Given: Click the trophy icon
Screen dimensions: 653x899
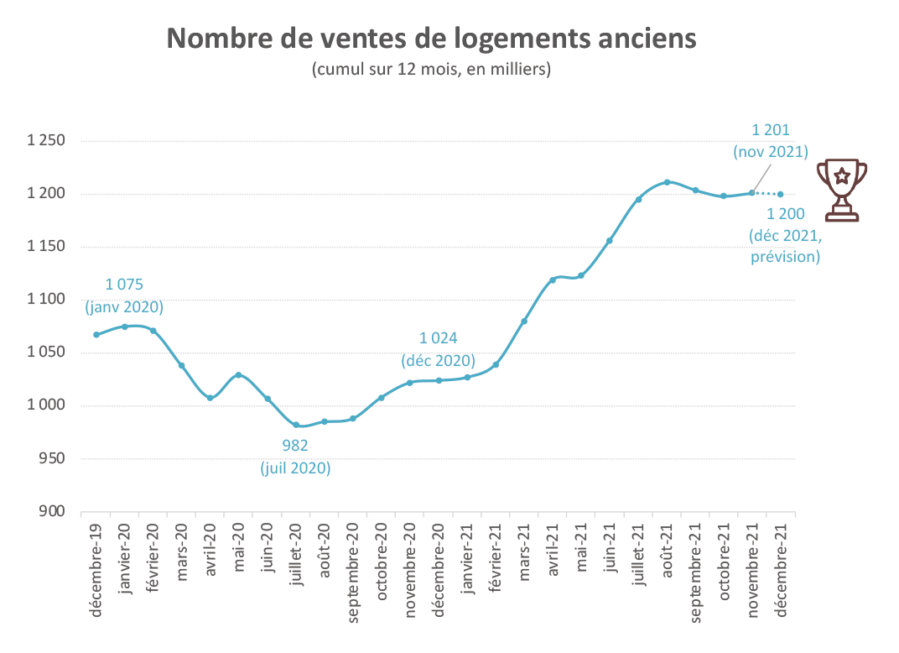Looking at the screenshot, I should [x=841, y=190].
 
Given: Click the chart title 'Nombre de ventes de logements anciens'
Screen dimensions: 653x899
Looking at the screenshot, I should [x=432, y=39].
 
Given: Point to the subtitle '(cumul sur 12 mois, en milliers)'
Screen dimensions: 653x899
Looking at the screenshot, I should [x=431, y=70].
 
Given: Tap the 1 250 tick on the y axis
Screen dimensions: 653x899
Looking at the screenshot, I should [x=47, y=141].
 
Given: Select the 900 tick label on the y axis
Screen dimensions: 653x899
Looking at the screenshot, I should [x=53, y=512].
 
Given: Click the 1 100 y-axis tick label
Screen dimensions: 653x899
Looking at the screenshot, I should [x=47, y=300].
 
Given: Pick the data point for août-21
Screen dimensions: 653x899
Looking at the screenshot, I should [x=667, y=182].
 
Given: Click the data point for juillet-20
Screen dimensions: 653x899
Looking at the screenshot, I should [x=296, y=425].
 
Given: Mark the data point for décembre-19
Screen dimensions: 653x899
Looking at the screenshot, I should [x=96, y=335].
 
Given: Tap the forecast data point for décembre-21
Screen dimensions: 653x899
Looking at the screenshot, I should [x=781, y=195].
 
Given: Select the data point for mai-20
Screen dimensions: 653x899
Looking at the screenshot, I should [x=239, y=374].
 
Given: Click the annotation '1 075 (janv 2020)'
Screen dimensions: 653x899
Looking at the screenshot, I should [x=125, y=295].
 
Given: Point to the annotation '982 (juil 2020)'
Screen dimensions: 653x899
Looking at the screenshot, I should [x=295, y=457].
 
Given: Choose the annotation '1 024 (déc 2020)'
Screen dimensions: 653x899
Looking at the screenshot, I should [x=439, y=350].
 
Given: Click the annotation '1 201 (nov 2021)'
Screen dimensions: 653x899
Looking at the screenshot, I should [x=771, y=141].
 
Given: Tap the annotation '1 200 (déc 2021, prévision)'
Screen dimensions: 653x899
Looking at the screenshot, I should [x=785, y=235].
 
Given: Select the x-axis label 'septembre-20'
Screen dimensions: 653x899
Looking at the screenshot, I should [x=353, y=572].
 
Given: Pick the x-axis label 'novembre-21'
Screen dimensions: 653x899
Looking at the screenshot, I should [x=752, y=568].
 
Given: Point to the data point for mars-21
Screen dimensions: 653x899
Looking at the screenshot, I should [x=524, y=321].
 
